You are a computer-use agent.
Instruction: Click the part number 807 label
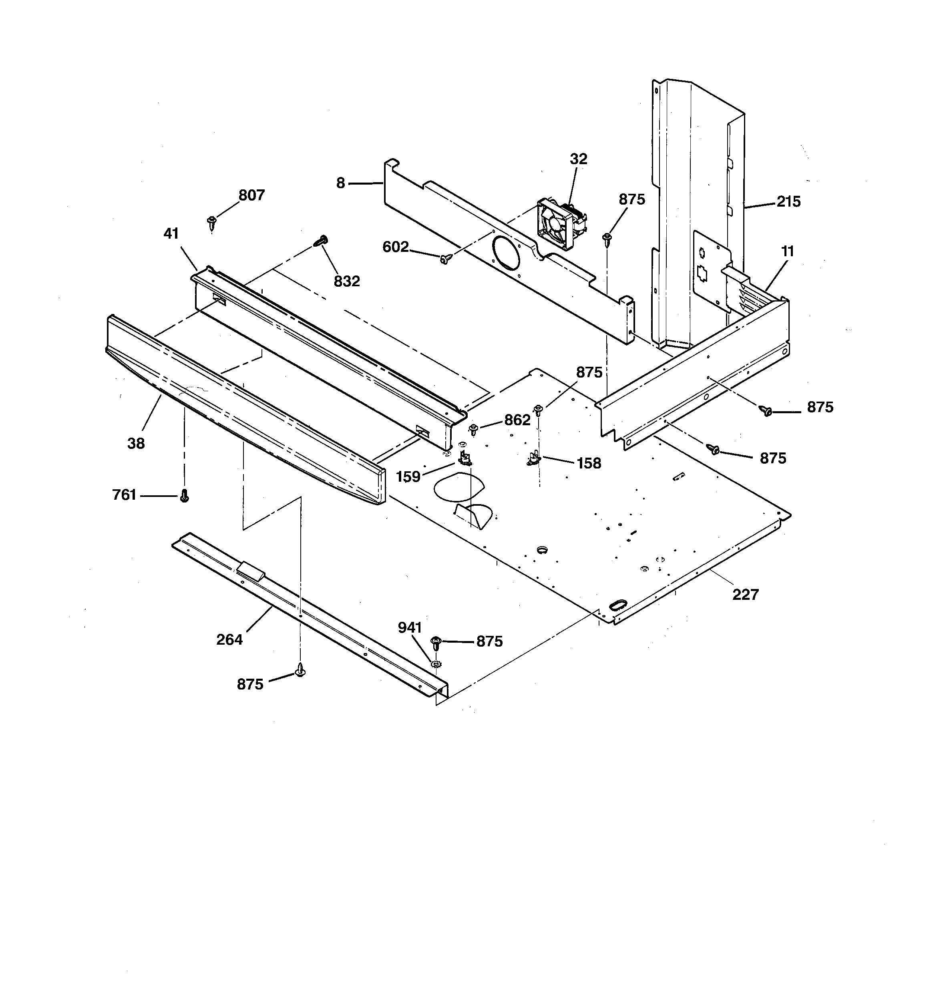pyautogui.click(x=251, y=195)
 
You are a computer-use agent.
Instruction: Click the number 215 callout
pyautogui.click(x=788, y=202)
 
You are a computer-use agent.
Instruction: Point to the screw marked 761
pyautogui.click(x=184, y=496)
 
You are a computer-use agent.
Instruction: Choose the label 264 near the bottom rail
pyautogui.click(x=229, y=639)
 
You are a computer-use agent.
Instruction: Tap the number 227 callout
pyautogui.click(x=746, y=594)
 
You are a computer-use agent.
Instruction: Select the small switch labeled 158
pyautogui.click(x=533, y=458)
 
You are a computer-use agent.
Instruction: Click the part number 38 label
pyautogui.click(x=136, y=443)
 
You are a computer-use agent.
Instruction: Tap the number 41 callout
pyautogui.click(x=171, y=233)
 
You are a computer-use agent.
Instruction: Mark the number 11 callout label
pyautogui.click(x=787, y=252)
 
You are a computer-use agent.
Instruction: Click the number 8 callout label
pyautogui.click(x=341, y=183)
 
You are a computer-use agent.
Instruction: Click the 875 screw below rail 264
pyautogui.click(x=300, y=670)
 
